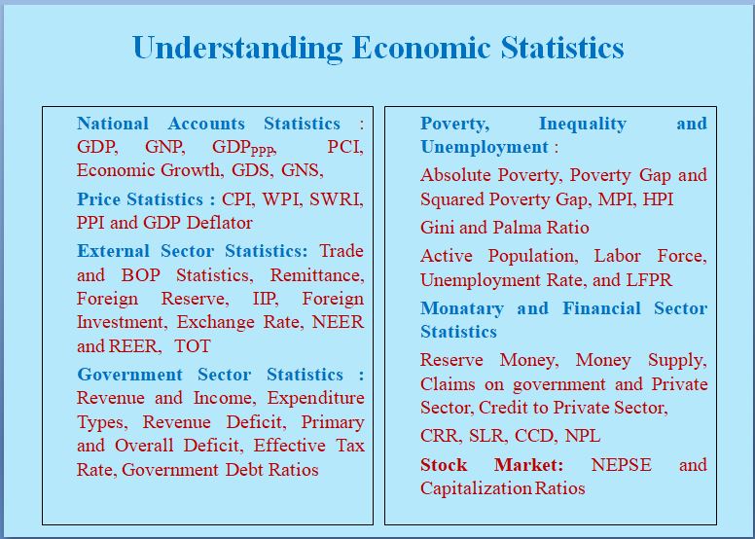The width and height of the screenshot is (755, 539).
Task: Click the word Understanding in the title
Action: point(237,48)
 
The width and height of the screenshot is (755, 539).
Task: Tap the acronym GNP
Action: point(165,147)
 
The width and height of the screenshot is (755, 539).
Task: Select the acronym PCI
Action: point(344,147)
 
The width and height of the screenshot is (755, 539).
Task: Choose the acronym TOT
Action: point(193,345)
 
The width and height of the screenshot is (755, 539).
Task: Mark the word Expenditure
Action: point(316,398)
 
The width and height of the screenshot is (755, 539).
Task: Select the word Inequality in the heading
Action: point(582,124)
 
